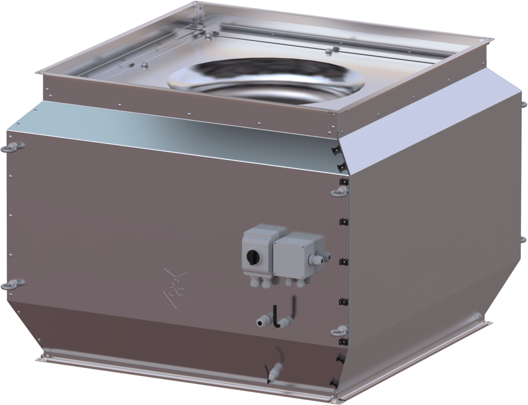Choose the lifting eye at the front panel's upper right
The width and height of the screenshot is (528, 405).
(x=340, y=190)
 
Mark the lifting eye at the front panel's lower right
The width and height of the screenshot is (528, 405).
(x=340, y=330)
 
